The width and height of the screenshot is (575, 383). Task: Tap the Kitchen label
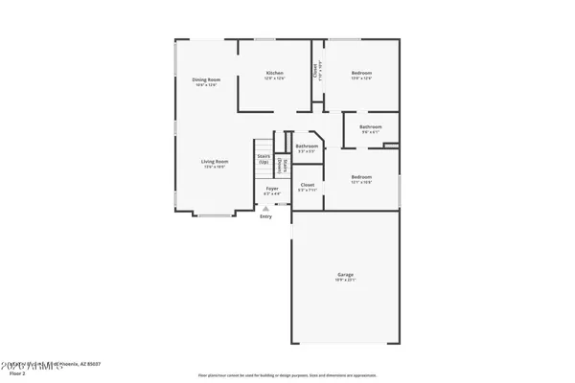click(x=275, y=73)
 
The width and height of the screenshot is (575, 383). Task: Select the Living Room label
click(x=214, y=162)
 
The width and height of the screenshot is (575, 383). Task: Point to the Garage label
click(x=345, y=275)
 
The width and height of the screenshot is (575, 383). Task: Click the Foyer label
click(x=272, y=189)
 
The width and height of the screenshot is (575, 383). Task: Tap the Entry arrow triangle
click(x=265, y=209)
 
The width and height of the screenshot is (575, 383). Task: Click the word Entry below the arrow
click(x=265, y=216)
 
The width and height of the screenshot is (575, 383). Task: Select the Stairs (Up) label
click(x=264, y=158)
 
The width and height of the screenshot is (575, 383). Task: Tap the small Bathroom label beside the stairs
click(x=307, y=146)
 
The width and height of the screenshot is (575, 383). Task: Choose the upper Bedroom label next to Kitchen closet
click(x=361, y=73)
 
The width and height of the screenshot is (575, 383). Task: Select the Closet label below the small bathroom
click(x=308, y=184)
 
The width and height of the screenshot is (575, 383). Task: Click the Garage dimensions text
click(x=345, y=281)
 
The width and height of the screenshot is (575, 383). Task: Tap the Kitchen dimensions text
click(x=275, y=79)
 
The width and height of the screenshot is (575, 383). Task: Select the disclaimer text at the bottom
click(x=287, y=375)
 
